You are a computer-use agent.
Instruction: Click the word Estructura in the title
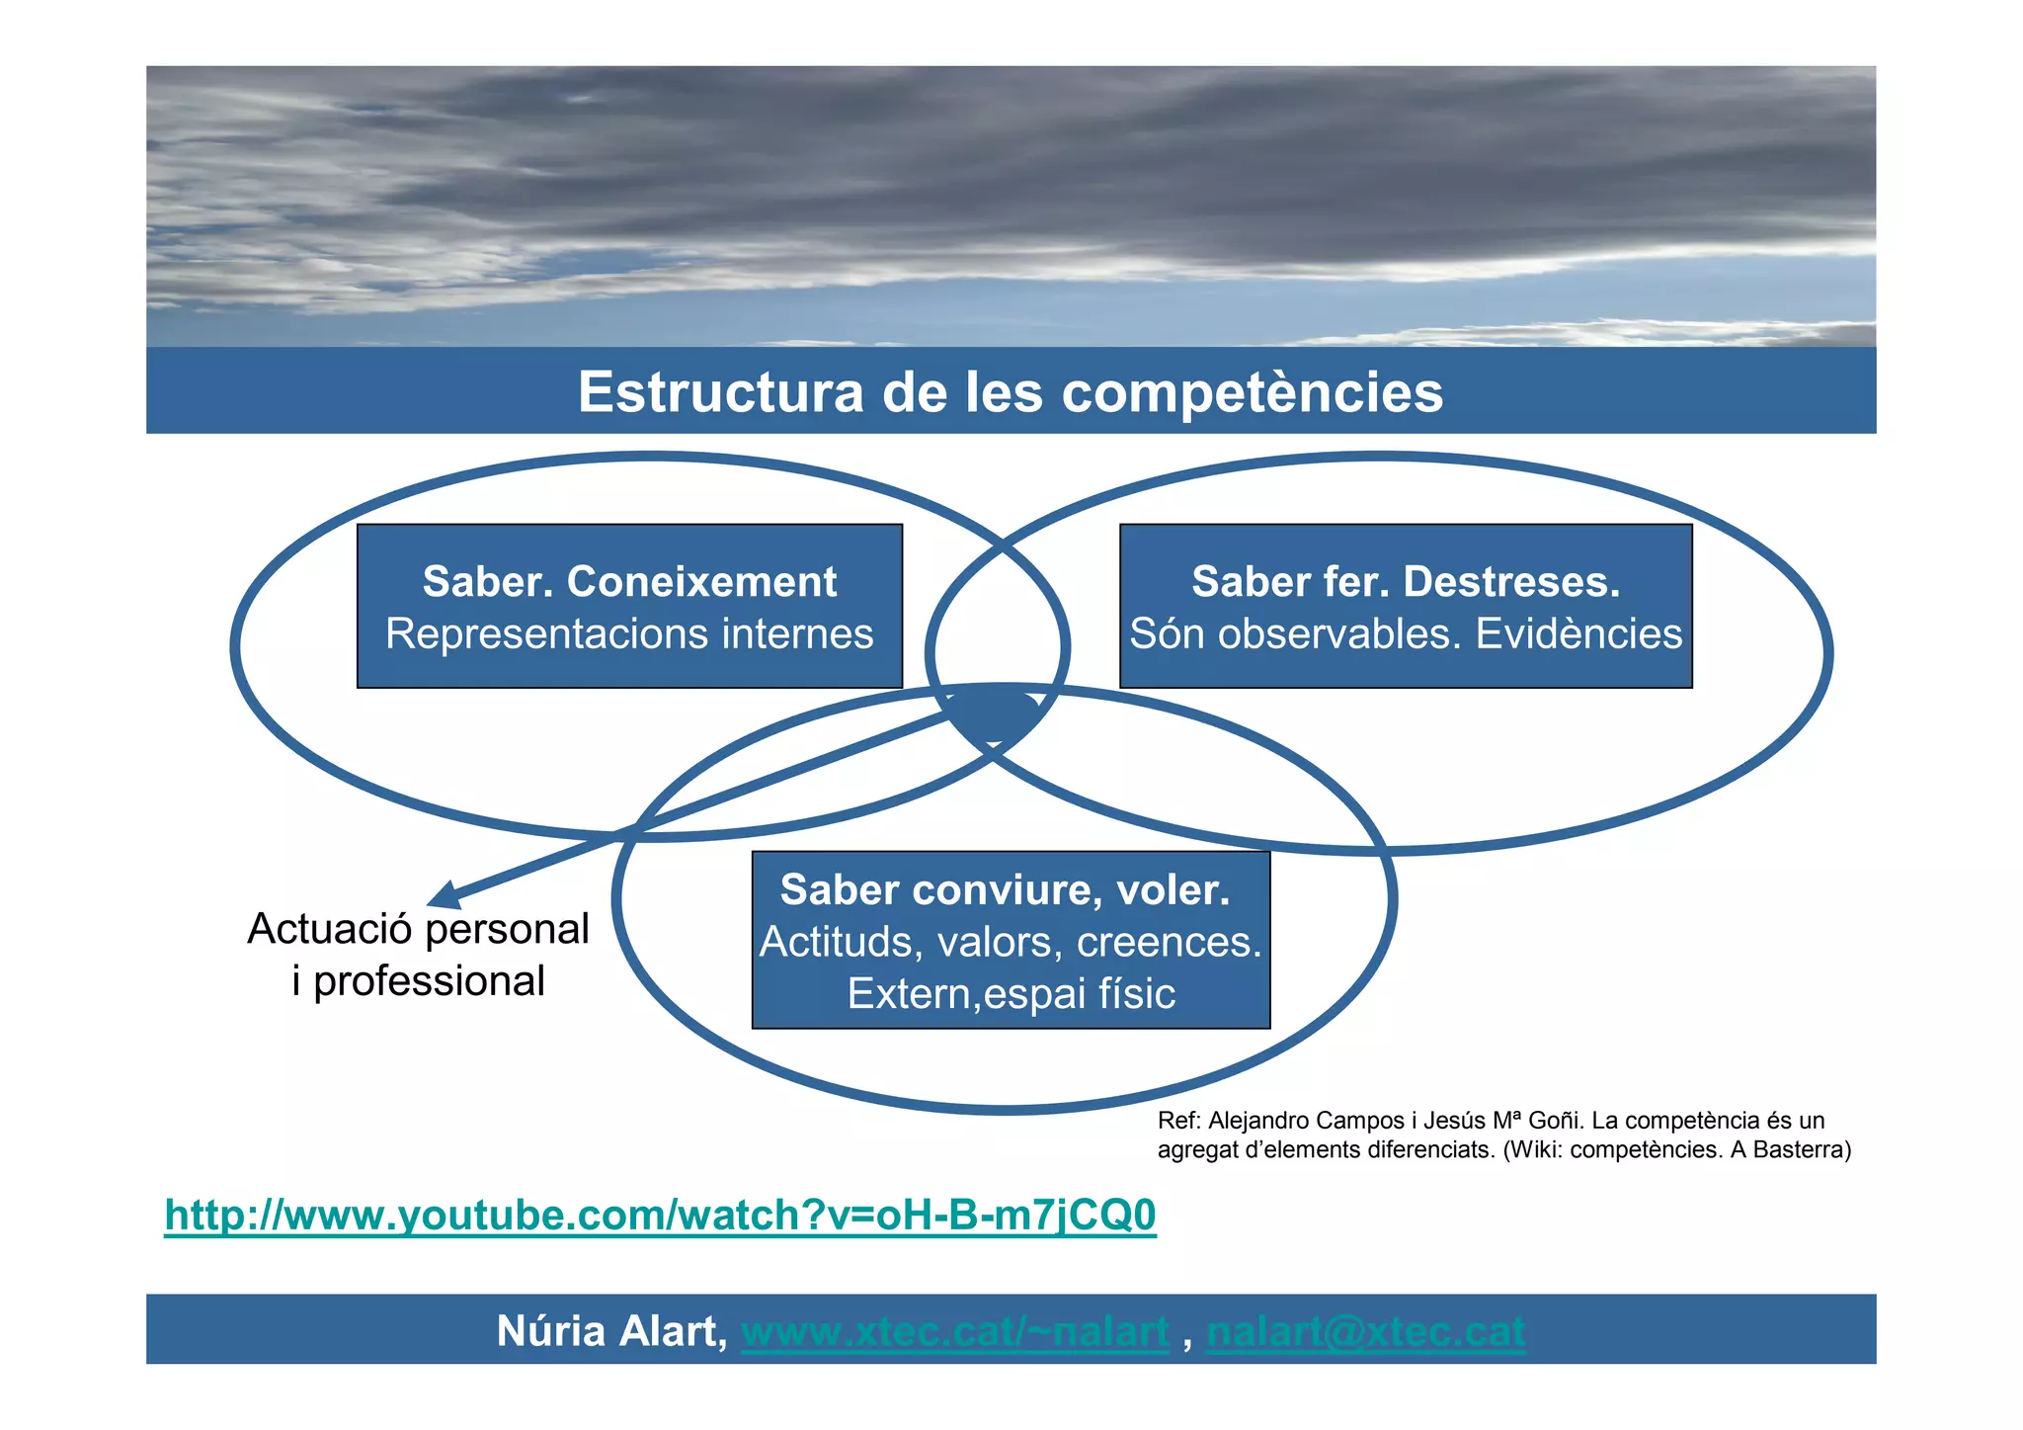(720, 391)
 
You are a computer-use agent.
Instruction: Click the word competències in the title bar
(1252, 393)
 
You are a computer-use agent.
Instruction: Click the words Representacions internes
(629, 634)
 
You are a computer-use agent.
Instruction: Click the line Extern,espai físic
(1011, 994)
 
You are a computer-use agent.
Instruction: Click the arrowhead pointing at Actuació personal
(445, 894)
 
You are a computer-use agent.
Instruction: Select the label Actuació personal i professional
(418, 955)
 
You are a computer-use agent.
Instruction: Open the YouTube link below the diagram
(660, 1216)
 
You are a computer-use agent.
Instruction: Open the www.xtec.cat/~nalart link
(954, 1332)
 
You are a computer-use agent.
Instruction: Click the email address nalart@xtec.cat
(1365, 1332)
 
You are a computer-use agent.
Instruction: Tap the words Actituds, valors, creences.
(1011, 943)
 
